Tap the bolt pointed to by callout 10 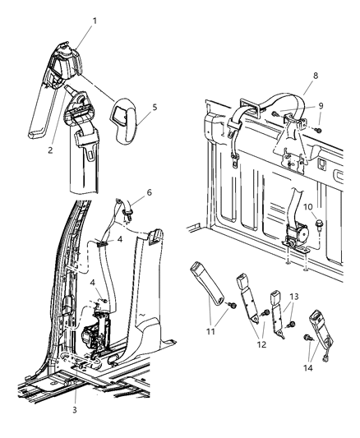[316, 224]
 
